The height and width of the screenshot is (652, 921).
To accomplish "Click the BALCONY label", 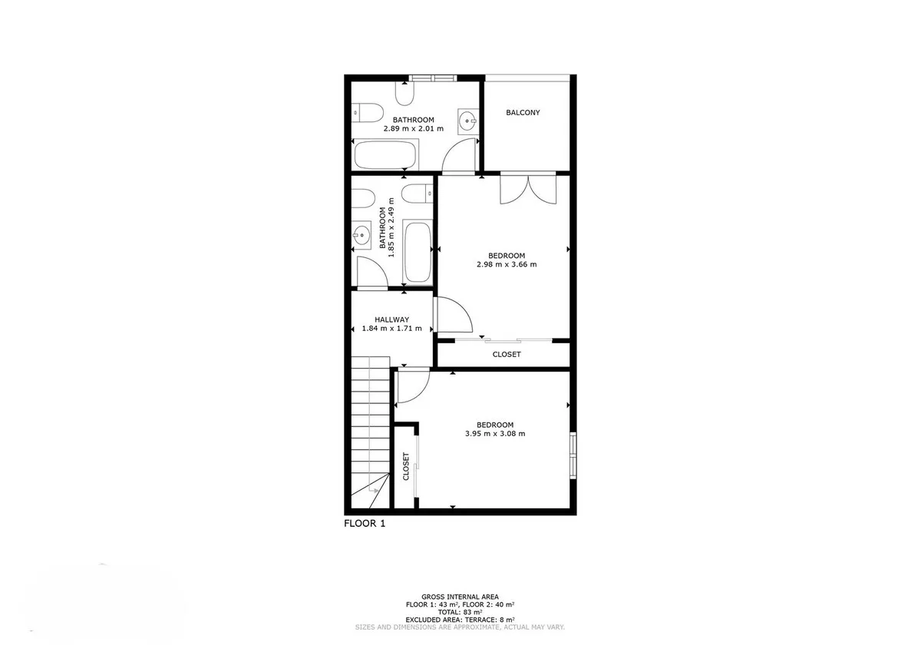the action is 523,112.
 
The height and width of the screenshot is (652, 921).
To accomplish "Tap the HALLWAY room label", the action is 392,319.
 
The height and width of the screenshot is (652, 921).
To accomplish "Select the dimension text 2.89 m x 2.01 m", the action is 414,128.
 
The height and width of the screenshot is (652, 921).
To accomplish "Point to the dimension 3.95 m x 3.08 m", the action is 495,433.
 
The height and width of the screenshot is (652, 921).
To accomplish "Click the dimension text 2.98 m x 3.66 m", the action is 507,264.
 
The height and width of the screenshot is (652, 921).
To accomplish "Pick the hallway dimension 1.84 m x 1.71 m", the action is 392,328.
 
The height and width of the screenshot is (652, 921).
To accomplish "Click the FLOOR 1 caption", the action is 365,523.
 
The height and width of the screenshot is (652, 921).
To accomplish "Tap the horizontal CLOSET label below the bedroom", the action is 507,354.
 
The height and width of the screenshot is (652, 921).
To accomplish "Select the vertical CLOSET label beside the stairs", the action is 406,466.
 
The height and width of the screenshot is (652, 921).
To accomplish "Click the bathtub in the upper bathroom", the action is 385,154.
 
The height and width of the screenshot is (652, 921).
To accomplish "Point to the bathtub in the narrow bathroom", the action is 418,252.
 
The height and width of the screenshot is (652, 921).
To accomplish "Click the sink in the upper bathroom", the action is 468,121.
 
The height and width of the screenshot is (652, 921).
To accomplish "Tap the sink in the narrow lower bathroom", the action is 361,235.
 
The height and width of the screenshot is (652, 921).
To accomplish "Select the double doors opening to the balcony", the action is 528,189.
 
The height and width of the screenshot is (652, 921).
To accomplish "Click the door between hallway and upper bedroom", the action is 453,315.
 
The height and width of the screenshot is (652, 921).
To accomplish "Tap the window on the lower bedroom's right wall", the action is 573,455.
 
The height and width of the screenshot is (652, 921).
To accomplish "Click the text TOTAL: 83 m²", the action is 460,612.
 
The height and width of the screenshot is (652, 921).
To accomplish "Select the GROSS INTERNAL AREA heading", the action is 460,597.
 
